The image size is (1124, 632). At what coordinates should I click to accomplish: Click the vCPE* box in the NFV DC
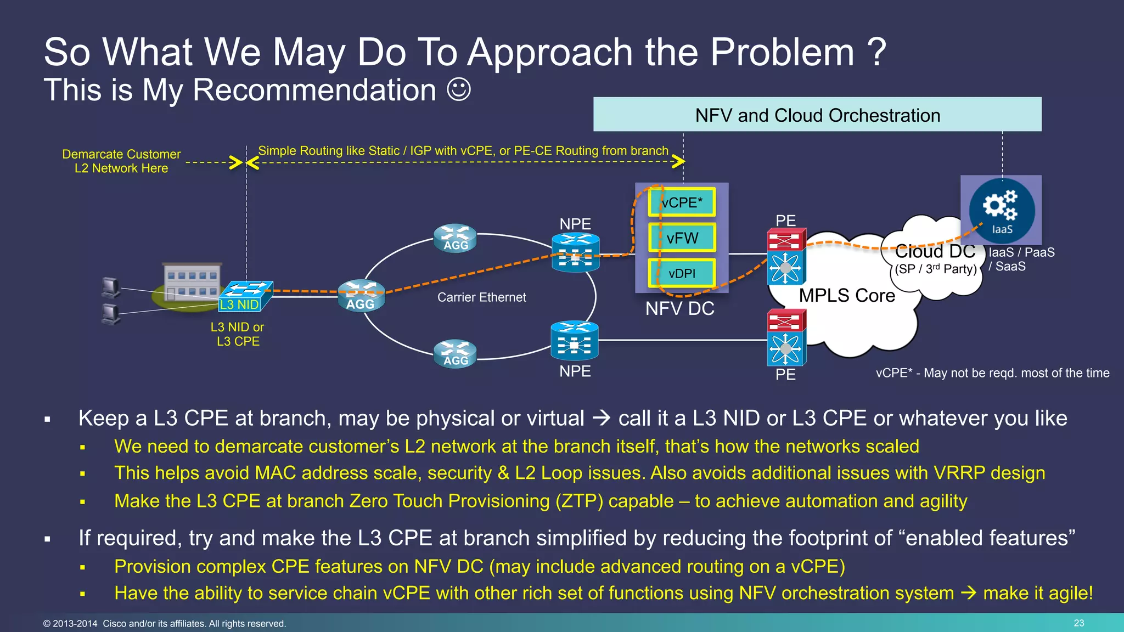(682, 202)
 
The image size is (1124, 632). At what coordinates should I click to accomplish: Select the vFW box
(682, 238)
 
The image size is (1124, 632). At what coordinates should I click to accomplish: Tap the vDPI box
(682, 273)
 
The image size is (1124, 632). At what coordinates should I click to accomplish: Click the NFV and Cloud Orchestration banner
(817, 115)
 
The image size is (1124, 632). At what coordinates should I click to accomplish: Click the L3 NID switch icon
(245, 297)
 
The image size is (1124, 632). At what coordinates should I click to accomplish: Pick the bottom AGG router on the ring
(455, 354)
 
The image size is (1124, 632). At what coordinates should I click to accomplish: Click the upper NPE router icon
(575, 252)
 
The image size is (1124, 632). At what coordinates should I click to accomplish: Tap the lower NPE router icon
(574, 341)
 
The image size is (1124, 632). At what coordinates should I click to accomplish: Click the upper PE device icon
(786, 257)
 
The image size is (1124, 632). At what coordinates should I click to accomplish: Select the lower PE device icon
(786, 338)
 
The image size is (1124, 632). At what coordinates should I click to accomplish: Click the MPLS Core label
(846, 296)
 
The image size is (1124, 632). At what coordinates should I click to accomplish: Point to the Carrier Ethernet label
(481, 297)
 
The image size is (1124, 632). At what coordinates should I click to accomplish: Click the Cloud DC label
(935, 252)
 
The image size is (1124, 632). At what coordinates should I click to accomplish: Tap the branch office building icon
(192, 282)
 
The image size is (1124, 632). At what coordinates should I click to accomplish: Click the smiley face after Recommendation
(459, 89)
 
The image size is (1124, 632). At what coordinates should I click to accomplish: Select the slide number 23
(1078, 623)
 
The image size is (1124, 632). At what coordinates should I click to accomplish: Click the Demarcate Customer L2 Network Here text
(121, 161)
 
